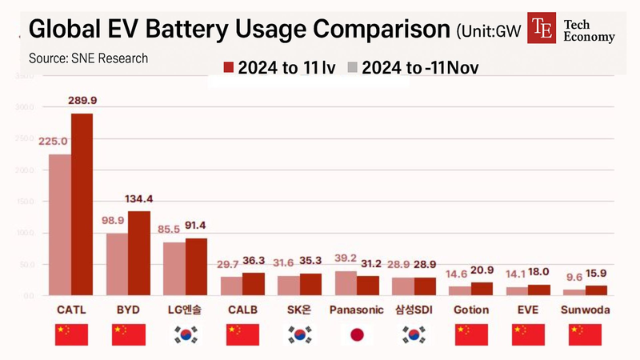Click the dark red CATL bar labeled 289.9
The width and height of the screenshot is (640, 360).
point(82,205)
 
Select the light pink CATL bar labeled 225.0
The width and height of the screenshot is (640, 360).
point(60,225)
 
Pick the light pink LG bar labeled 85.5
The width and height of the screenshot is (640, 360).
point(174,269)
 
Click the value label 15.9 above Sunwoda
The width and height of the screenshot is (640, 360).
point(597,273)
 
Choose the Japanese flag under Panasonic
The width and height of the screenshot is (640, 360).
point(358,335)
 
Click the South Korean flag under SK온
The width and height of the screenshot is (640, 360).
point(300,335)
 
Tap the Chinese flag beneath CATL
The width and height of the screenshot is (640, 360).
point(71,335)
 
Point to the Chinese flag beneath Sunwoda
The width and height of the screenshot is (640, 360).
point(585,335)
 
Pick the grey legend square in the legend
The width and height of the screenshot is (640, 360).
point(352,68)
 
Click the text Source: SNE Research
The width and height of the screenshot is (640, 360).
point(88,58)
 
